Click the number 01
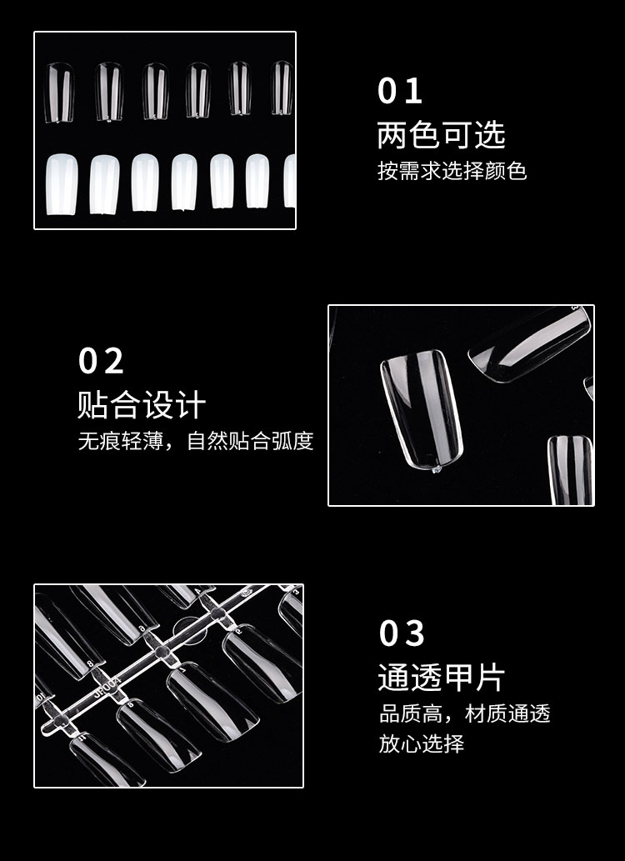[x=399, y=91]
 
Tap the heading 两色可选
[x=441, y=135]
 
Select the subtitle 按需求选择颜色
[x=452, y=171]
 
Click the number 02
[x=101, y=361]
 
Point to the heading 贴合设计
[x=142, y=405]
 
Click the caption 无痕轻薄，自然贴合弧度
[x=196, y=441]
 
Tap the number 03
[x=402, y=633]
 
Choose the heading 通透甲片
[x=441, y=677]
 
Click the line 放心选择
[x=421, y=744]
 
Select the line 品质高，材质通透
[x=465, y=713]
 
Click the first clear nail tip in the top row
[x=59, y=93]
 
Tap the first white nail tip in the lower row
[x=62, y=184]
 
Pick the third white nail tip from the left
[x=145, y=183]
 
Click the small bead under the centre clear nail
[x=437, y=469]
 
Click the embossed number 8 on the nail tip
[x=89, y=663]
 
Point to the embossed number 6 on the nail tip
[x=142, y=628]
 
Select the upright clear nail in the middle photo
[x=422, y=409]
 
